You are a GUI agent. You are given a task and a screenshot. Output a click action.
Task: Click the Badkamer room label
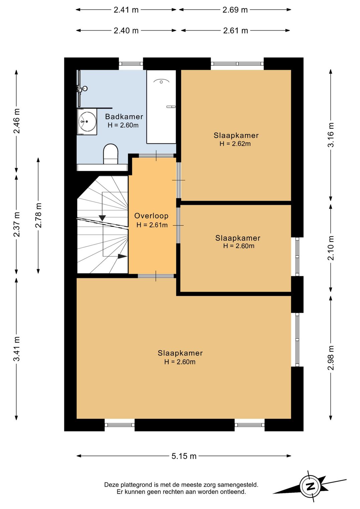pos(124,117)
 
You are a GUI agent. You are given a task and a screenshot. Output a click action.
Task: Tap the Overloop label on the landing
pos(151,216)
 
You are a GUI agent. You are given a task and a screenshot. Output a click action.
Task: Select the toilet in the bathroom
pos(111,154)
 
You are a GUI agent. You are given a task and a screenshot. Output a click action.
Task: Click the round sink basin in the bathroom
pos(87,121)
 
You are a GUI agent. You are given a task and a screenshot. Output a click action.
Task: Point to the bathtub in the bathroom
pos(161,107)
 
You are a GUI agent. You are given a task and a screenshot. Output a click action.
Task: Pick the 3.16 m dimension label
pos(331,135)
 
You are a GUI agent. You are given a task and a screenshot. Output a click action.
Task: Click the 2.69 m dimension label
pos(235,10)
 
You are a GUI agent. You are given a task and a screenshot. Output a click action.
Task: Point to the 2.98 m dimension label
pos(331,358)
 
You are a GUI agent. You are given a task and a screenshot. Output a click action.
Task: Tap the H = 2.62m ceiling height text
pos(235,144)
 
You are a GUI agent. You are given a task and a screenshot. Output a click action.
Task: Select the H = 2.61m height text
pos(152,225)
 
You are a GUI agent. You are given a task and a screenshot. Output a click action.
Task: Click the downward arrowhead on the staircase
pos(102,218)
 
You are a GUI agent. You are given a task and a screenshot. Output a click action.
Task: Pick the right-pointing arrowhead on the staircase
pos(122,256)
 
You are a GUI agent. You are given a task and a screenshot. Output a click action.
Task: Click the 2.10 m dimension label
pos(331,248)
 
